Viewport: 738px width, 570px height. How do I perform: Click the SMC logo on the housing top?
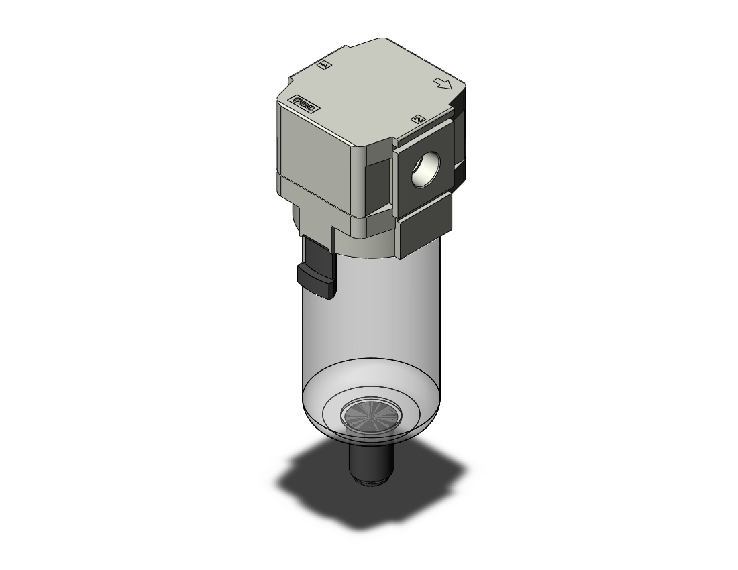click(305, 104)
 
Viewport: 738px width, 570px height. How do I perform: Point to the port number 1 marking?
click(325, 66)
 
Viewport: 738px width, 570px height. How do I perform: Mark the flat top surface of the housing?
click(376, 80)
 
